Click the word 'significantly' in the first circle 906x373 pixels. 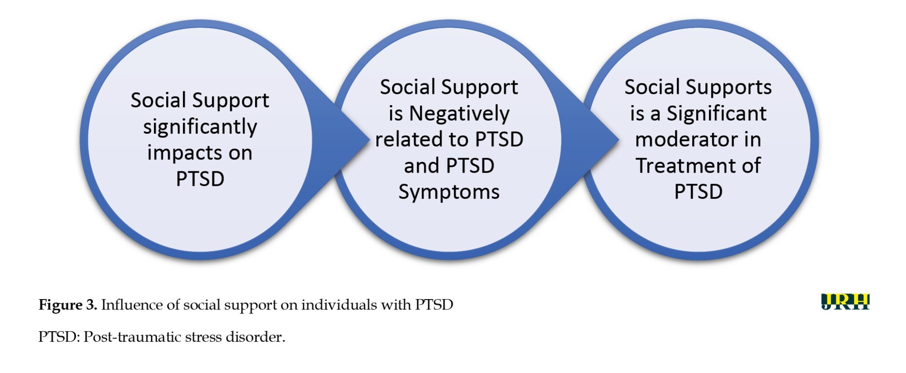tap(200, 127)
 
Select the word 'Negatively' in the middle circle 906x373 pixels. tap(459, 114)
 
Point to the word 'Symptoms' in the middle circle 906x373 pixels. tap(449, 193)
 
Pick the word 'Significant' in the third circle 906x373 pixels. tap(717, 113)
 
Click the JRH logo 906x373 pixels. tap(845, 302)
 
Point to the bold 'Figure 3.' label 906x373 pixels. tap(68, 305)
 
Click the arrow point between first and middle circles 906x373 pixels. tap(369, 140)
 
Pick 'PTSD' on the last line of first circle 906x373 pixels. tap(200, 179)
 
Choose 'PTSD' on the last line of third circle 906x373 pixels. tap(699, 192)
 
